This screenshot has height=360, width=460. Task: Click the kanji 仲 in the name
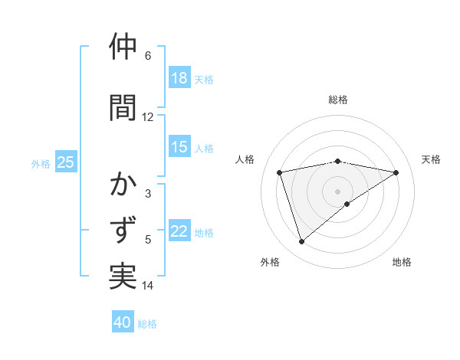tap(123, 47)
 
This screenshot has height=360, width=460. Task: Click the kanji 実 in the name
tap(123, 276)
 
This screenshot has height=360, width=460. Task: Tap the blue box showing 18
tap(179, 78)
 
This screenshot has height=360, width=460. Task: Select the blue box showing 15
tap(179, 148)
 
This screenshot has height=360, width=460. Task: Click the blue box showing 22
tap(179, 232)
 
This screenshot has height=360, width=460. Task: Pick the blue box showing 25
tap(65, 162)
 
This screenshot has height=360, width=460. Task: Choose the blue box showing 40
tap(123, 322)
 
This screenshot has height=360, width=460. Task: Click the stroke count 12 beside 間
tap(147, 117)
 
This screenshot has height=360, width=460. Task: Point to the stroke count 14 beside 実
tap(147, 286)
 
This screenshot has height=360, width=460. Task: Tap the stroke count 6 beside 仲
tap(147, 56)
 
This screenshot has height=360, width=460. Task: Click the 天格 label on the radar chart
tap(431, 159)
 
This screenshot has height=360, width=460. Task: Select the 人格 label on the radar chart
tap(245, 159)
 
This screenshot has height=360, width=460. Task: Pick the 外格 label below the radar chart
tap(270, 262)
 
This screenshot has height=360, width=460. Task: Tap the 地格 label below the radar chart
tap(402, 262)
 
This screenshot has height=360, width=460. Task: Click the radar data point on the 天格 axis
tap(396, 172)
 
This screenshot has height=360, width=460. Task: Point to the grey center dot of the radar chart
tap(337, 191)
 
